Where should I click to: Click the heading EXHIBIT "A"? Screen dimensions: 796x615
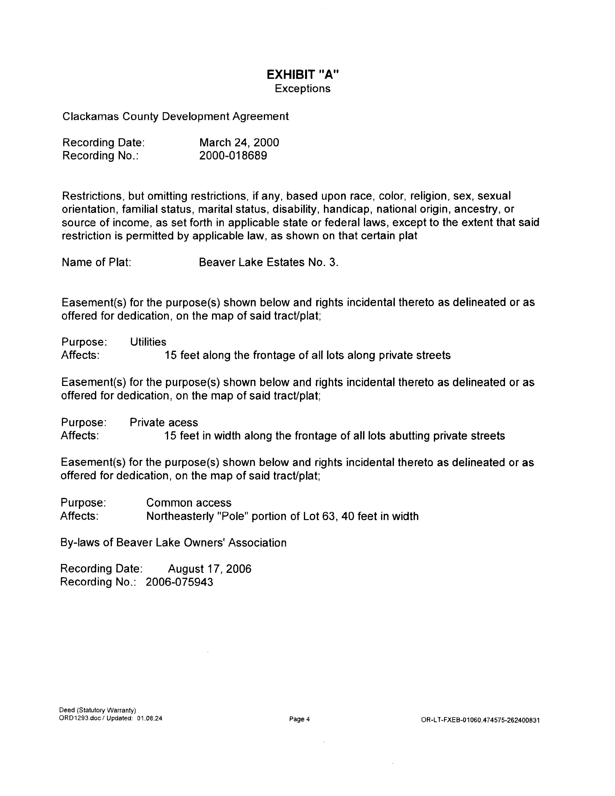click(302, 75)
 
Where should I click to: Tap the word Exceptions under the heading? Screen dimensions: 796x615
click(302, 89)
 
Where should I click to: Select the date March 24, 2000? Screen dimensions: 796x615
click(239, 143)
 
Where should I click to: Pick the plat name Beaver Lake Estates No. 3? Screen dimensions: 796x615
click(268, 262)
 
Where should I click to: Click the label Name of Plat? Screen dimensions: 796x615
click(96, 262)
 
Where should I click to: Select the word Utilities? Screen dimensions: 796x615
click(148, 342)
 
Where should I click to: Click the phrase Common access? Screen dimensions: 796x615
click(189, 503)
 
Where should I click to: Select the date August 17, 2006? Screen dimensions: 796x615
click(210, 569)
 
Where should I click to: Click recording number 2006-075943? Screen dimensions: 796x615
click(179, 582)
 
